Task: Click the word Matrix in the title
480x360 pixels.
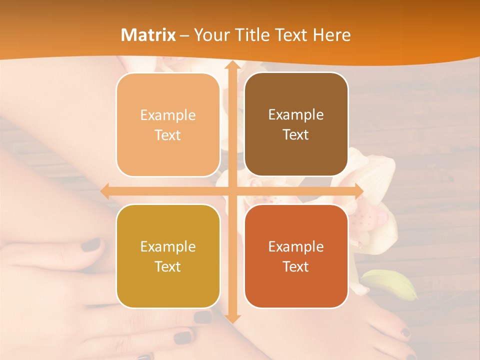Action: pos(148,35)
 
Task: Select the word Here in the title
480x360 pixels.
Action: pos(331,35)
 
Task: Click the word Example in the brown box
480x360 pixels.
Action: pos(296,115)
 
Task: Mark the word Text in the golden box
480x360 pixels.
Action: pos(167,266)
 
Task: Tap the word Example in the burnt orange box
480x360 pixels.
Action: pos(296,246)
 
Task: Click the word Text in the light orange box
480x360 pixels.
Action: pos(167,135)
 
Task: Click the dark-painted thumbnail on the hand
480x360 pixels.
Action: pos(91,244)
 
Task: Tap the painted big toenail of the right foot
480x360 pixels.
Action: pos(203,317)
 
